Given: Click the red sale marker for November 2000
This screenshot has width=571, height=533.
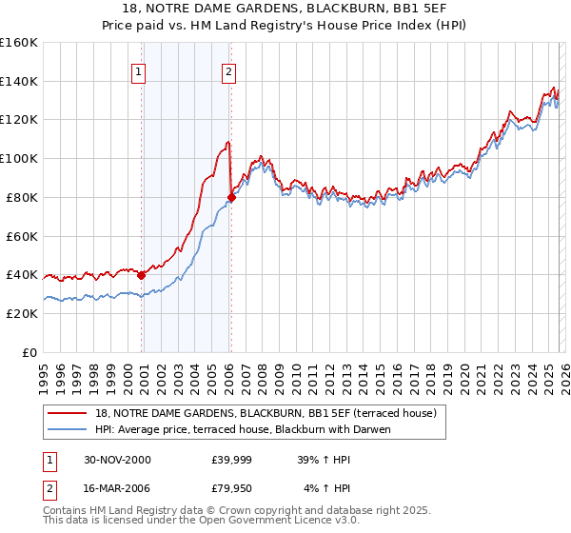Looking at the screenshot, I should pyautogui.click(x=142, y=275).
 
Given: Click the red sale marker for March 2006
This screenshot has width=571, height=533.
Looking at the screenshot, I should pyautogui.click(x=231, y=198).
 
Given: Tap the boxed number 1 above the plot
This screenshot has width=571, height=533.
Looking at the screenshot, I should pyautogui.click(x=138, y=70).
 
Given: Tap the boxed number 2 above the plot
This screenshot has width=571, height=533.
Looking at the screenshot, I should pyautogui.click(x=229, y=70).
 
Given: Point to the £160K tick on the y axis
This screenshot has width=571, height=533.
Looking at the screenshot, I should pyautogui.click(x=19, y=43).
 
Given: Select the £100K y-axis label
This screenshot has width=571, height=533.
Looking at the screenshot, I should pyautogui.click(x=19, y=159).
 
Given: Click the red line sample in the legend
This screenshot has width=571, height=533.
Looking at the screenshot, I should pyautogui.click(x=69, y=413).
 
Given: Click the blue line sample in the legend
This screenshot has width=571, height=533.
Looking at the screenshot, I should pyautogui.click(x=69, y=429).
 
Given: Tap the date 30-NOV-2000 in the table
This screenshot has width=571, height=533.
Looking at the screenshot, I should pyautogui.click(x=117, y=460).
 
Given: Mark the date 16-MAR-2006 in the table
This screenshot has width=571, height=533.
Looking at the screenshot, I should pyautogui.click(x=117, y=489).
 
